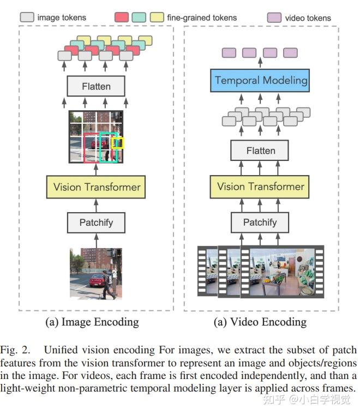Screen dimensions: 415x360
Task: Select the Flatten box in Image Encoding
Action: click(96, 86)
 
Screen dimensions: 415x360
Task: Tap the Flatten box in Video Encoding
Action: click(260, 151)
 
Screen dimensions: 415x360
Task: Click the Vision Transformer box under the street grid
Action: click(96, 187)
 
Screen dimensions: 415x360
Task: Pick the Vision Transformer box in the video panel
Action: click(260, 187)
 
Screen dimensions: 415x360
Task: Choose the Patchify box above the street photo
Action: click(96, 222)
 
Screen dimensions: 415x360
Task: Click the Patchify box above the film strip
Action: click(260, 222)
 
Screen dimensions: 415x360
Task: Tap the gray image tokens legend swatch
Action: click(27, 17)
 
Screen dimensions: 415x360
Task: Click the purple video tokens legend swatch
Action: click(274, 17)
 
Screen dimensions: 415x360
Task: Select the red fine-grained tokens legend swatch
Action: click(122, 17)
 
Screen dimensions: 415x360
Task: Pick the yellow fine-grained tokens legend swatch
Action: click(158, 17)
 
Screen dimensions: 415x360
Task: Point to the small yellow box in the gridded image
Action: click(117, 143)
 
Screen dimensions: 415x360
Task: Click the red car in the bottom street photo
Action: click(97, 281)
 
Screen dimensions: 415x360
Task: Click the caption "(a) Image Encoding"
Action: click(92, 322)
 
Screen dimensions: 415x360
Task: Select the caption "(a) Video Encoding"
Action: click(260, 322)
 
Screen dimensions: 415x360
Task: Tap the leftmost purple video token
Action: click(229, 53)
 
